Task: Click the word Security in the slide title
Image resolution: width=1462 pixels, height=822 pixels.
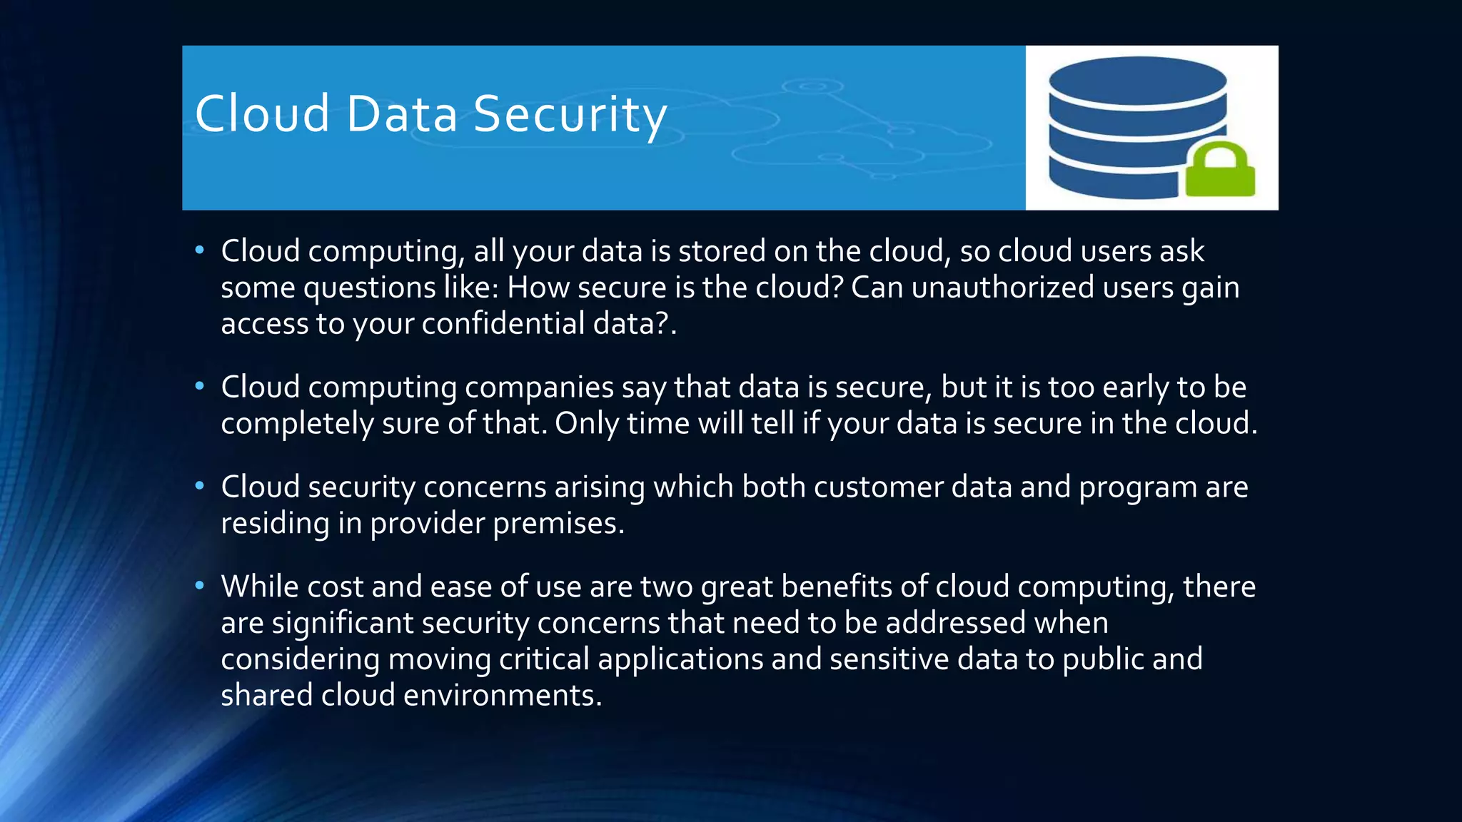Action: click(x=570, y=114)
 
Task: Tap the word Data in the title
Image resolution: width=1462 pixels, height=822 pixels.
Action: click(x=401, y=114)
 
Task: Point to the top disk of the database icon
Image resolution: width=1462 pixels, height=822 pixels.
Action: click(x=1137, y=81)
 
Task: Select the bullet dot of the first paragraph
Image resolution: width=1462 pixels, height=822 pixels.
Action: click(x=200, y=250)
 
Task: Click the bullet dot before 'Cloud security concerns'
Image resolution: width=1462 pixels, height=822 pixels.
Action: click(x=200, y=486)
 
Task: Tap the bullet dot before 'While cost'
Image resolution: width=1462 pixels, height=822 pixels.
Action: click(x=200, y=586)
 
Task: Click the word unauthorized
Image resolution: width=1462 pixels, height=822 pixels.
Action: click(x=1002, y=288)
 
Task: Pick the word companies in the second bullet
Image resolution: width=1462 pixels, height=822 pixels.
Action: click(x=539, y=387)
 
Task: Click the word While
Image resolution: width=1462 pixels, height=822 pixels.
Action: click(x=260, y=587)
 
